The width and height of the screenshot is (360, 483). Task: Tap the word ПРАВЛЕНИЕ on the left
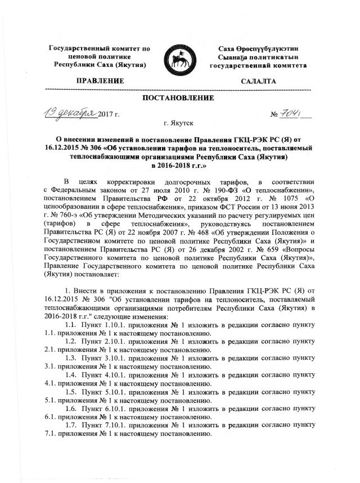point(99,82)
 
